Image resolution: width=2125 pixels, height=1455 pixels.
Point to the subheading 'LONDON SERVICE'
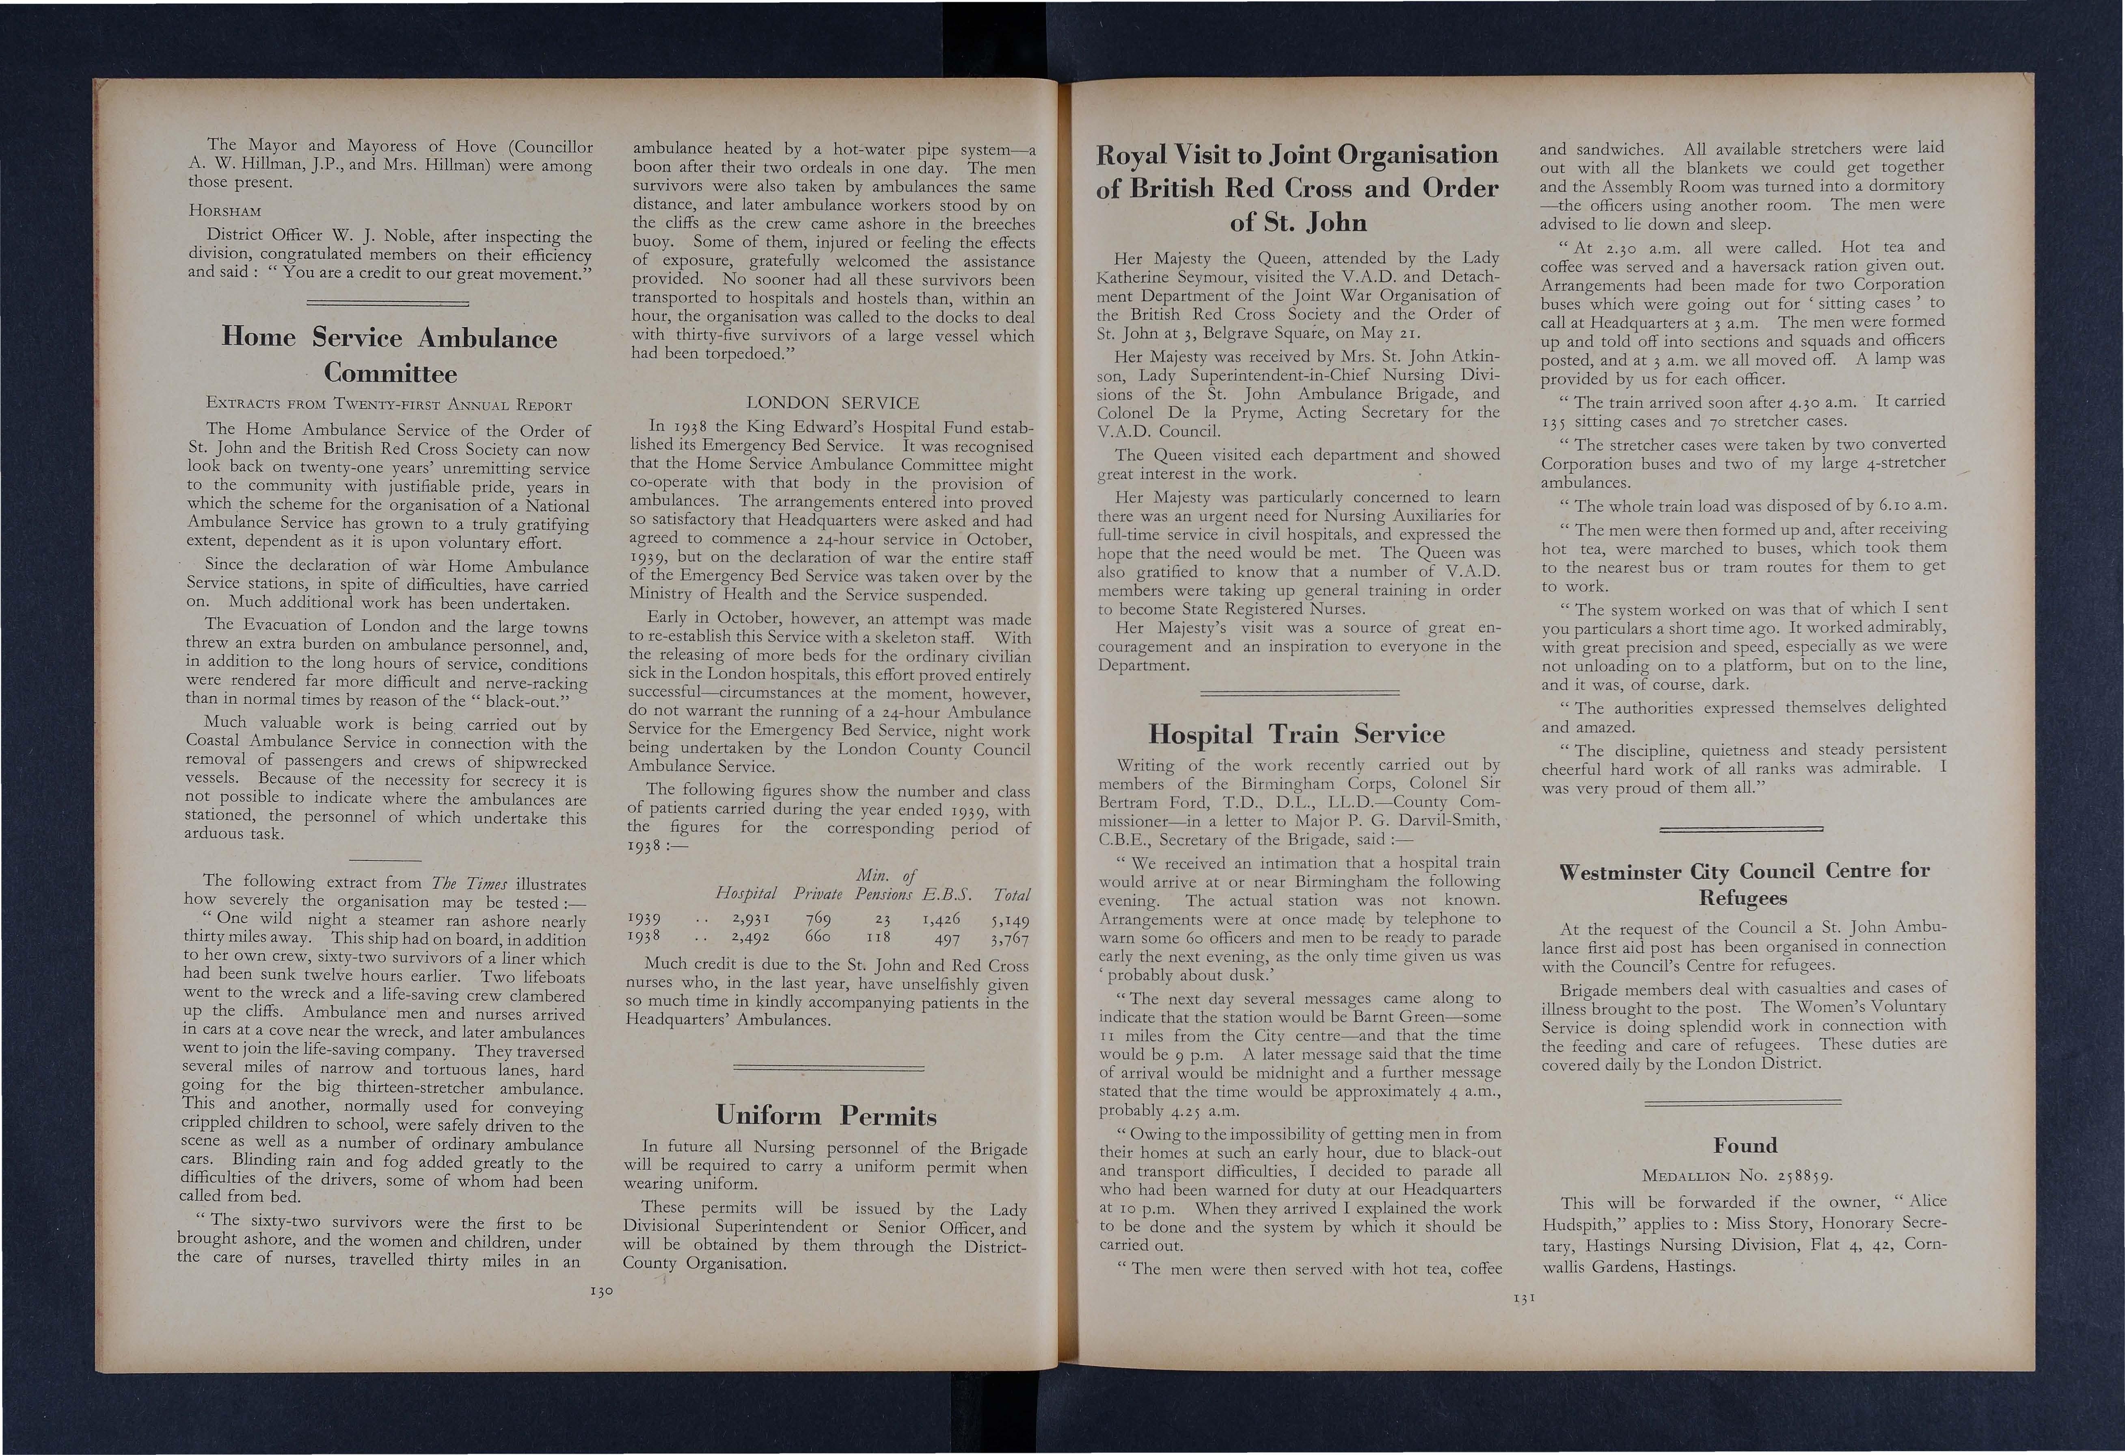coord(832,402)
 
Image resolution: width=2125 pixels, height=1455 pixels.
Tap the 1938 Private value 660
coord(816,937)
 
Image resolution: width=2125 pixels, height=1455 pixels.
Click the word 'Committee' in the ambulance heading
coord(391,373)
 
